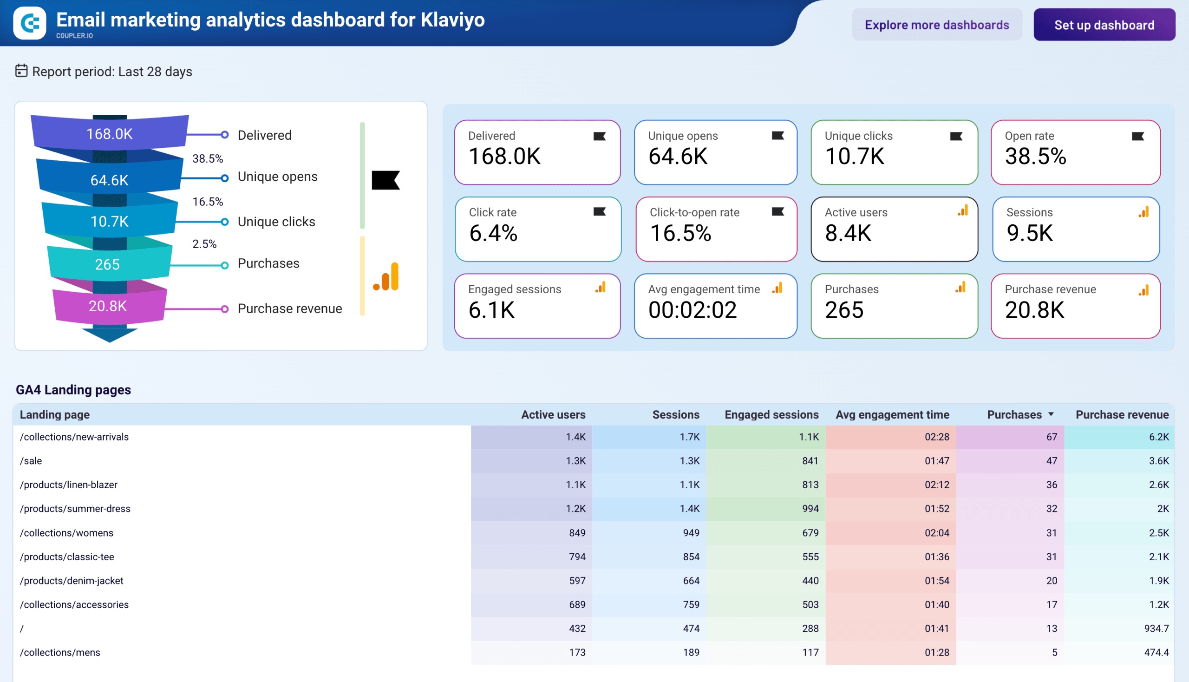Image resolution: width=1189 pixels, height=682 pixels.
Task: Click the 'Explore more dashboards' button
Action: click(x=937, y=25)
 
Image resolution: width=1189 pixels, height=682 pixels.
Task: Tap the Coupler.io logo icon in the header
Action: click(x=30, y=23)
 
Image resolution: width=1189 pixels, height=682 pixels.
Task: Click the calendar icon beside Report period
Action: click(x=21, y=71)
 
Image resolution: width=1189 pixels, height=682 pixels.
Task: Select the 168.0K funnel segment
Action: click(x=110, y=133)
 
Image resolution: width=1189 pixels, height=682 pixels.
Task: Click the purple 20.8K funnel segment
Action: click(x=109, y=306)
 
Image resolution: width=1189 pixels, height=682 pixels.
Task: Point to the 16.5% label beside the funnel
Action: click(x=208, y=202)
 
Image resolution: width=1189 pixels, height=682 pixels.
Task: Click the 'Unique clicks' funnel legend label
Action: click(x=276, y=222)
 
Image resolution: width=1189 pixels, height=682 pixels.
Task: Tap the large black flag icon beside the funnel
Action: click(x=385, y=180)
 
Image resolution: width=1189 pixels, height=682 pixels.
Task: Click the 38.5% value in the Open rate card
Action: click(x=1035, y=157)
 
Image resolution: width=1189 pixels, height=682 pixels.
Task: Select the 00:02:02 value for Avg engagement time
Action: click(x=692, y=310)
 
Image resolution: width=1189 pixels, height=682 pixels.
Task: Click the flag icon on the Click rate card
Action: click(x=600, y=212)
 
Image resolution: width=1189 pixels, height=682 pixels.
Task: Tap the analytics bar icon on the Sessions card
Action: click(x=1144, y=212)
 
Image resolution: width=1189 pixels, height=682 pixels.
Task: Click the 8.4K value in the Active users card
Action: click(x=848, y=233)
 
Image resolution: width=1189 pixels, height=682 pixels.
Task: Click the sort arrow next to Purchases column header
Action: click(x=1051, y=414)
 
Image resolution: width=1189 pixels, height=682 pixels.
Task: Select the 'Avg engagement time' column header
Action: click(x=892, y=414)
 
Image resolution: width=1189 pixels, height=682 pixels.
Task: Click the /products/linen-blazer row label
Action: click(x=68, y=485)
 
